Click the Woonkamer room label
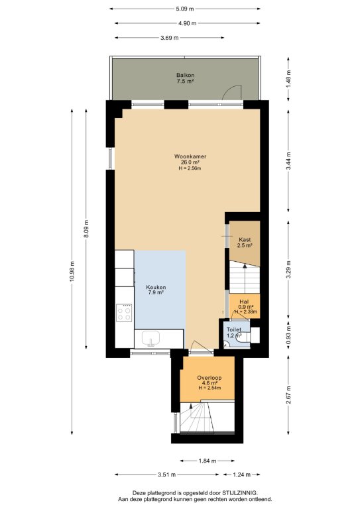(190, 156)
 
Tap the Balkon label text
(186, 76)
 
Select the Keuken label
(156, 287)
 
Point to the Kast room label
(245, 239)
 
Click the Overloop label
(210, 378)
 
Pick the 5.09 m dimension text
(185, 9)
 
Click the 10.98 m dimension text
(72, 271)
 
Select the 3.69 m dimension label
(170, 38)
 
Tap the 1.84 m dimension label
(208, 461)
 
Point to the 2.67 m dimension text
(288, 395)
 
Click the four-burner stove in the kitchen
(125, 313)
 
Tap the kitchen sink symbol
(150, 339)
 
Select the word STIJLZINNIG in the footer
(239, 493)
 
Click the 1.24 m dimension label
(241, 475)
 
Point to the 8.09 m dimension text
(86, 229)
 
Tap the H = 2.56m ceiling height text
(190, 168)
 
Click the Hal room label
(244, 302)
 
